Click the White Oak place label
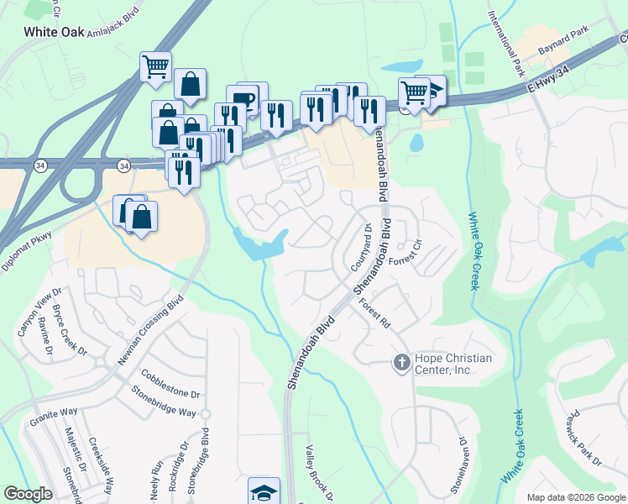[x=54, y=32]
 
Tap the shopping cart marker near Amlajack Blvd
[x=154, y=66]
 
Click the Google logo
[x=28, y=494]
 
